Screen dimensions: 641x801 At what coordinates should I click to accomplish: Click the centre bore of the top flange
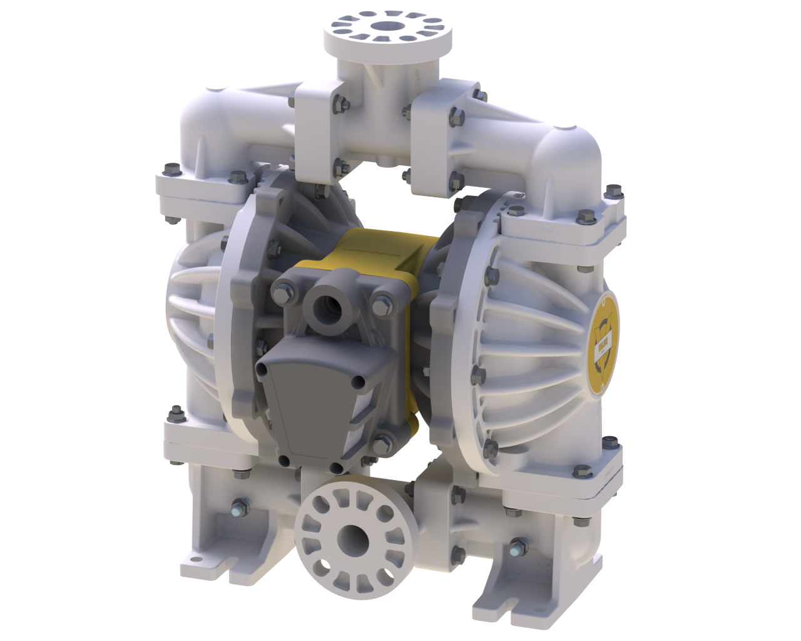coord(387,26)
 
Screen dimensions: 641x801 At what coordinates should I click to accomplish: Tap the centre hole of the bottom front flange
coord(354,536)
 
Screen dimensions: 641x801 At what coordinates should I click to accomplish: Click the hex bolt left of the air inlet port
coord(280,290)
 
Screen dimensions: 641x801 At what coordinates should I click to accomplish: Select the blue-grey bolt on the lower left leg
coord(239,505)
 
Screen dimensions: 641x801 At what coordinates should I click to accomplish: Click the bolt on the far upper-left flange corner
coord(170,170)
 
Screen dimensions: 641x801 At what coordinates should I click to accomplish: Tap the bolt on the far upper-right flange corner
coord(614,190)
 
